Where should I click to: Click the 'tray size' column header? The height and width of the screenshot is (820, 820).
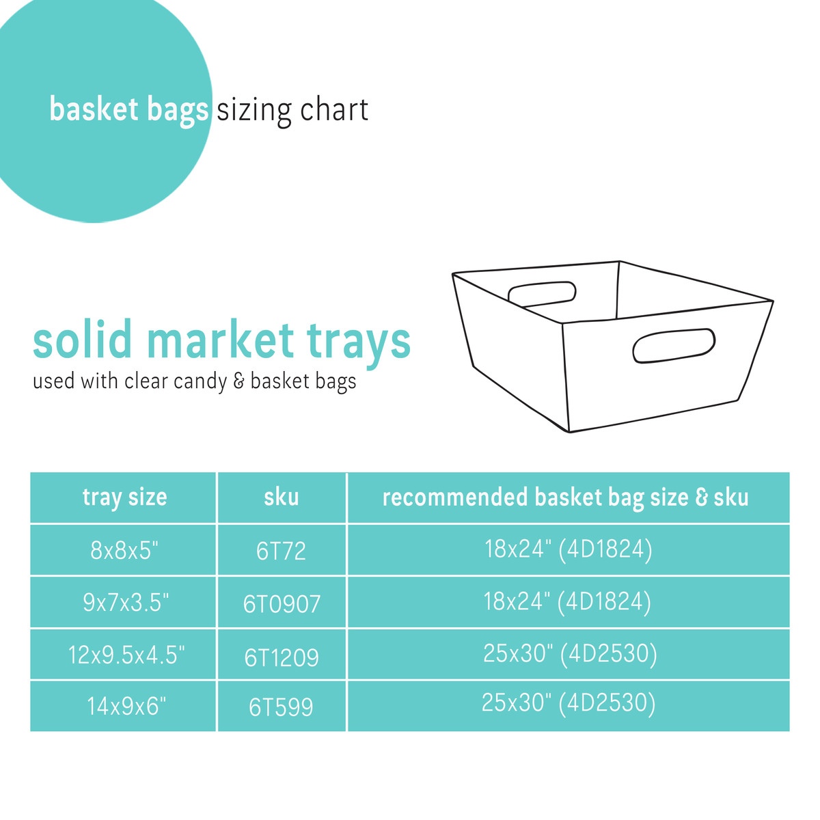(x=124, y=497)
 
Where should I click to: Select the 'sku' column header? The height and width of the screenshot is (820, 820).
(x=282, y=497)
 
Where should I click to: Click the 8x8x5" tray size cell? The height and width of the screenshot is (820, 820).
(x=124, y=550)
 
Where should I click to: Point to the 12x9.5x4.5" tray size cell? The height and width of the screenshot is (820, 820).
(x=126, y=655)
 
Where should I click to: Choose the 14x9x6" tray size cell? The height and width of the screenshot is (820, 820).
(x=126, y=706)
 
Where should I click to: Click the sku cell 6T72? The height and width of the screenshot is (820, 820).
(x=281, y=551)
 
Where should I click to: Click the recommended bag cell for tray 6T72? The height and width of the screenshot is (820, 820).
(x=568, y=549)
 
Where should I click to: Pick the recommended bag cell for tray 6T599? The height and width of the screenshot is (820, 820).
(x=568, y=703)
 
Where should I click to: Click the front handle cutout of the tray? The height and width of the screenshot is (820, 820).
(x=674, y=346)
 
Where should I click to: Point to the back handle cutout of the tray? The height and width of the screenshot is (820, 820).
(x=542, y=293)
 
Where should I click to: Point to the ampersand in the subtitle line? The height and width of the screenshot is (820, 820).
(x=238, y=381)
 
